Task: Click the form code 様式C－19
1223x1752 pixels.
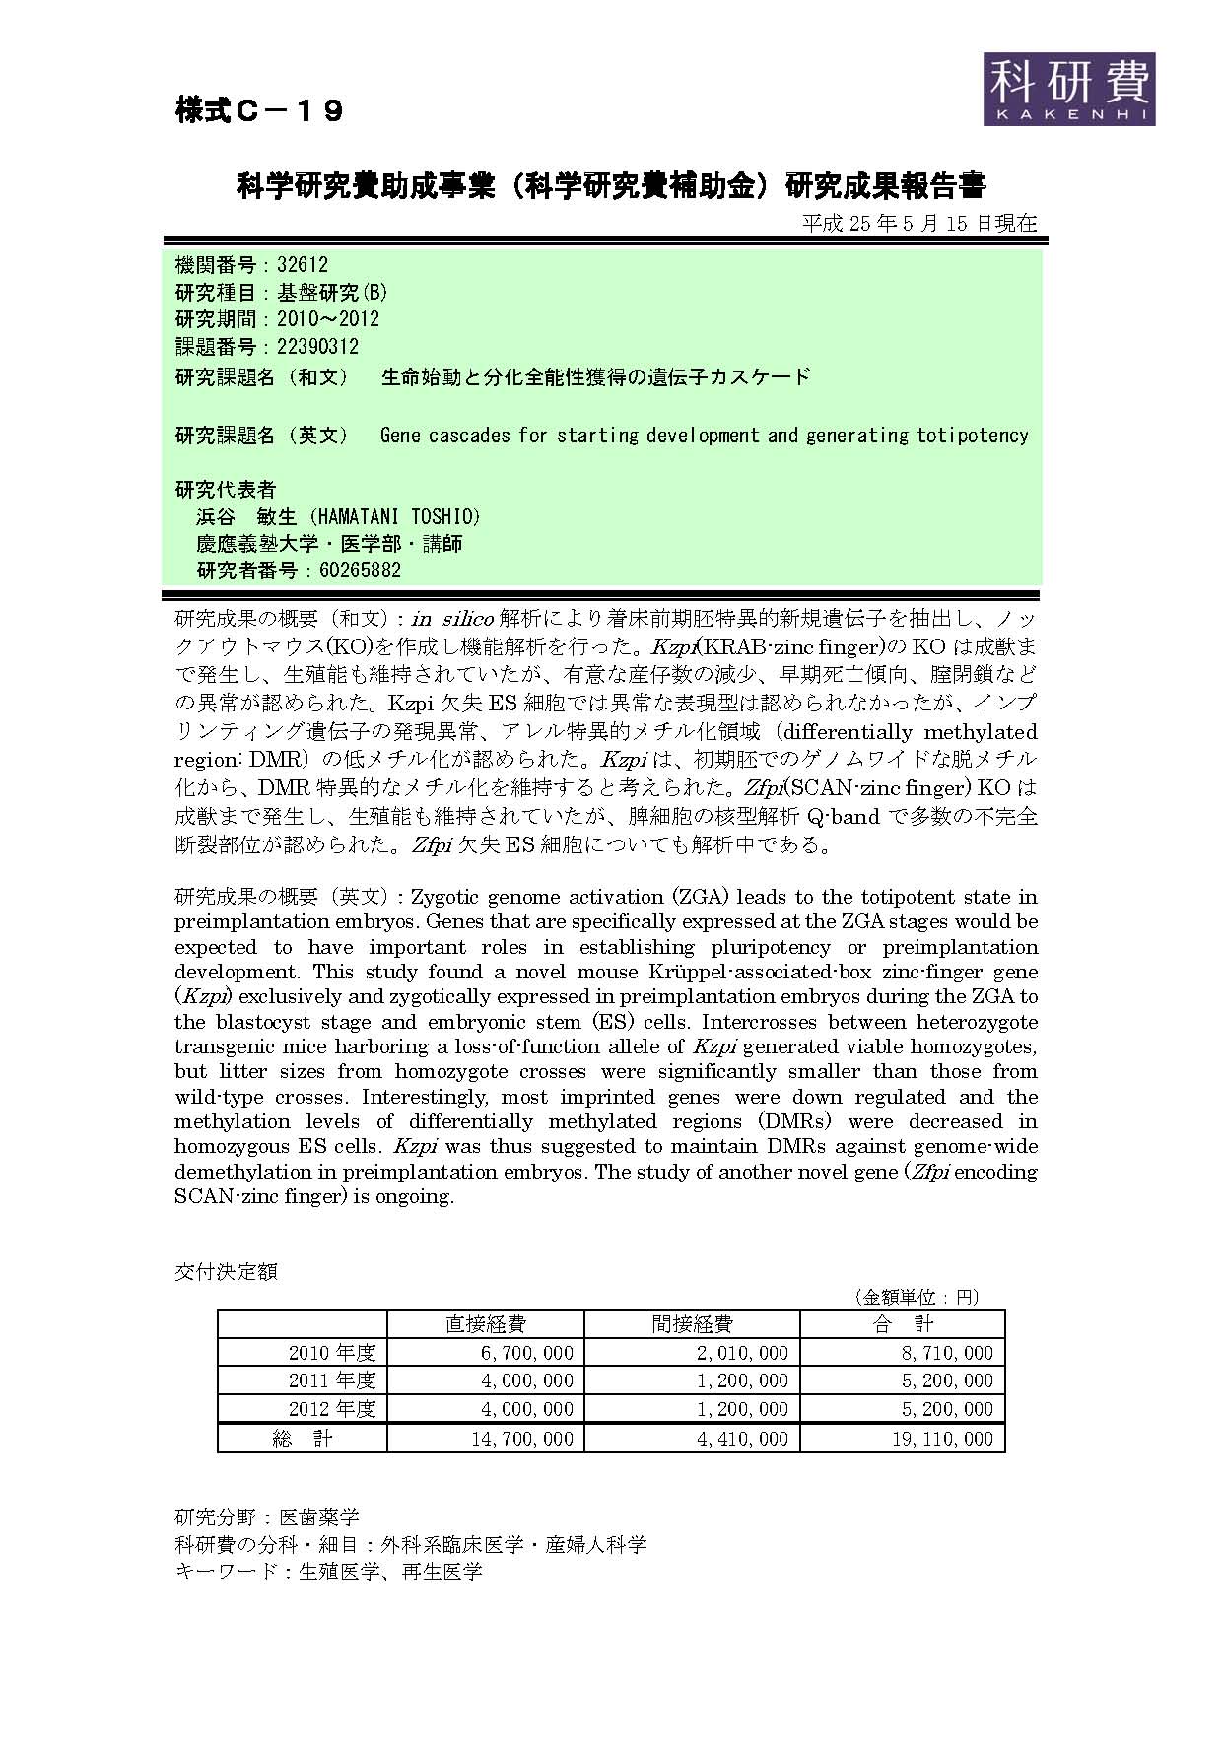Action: (259, 111)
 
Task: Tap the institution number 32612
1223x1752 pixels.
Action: (303, 265)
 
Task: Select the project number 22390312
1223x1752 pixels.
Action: (317, 347)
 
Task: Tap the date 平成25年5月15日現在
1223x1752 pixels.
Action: (918, 223)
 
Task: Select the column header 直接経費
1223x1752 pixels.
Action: (486, 1324)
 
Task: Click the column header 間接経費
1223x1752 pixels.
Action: (692, 1324)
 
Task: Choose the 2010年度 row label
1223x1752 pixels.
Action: (332, 1353)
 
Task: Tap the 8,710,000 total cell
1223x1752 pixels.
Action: (947, 1353)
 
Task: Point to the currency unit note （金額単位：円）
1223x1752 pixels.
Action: (916, 1297)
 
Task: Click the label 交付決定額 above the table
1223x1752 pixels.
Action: (226, 1272)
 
